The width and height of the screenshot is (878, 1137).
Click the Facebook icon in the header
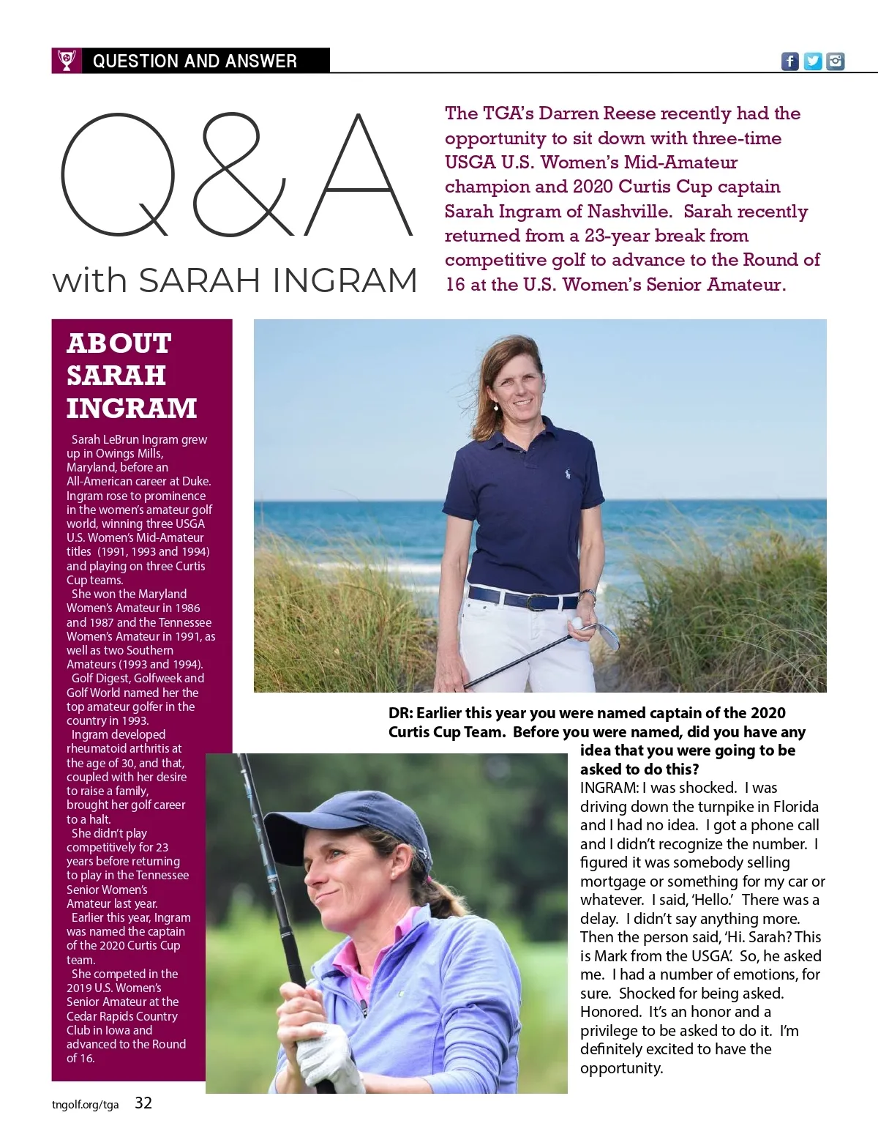(789, 61)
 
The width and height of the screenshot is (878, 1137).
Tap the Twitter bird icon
(813, 61)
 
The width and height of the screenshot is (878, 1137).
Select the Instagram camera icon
(836, 61)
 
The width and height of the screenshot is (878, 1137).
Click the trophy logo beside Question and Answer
(66, 61)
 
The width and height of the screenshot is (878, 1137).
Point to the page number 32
(143, 1103)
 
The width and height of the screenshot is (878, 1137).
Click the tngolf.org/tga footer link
(85, 1105)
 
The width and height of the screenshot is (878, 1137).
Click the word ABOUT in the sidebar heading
(119, 343)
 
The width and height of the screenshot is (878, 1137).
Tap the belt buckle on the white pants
(532, 603)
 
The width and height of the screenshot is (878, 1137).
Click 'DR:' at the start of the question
(400, 713)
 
